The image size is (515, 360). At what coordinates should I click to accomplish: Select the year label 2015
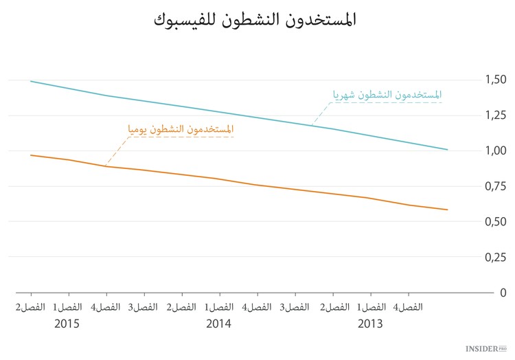[67, 323]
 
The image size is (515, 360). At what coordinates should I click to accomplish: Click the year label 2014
[218, 323]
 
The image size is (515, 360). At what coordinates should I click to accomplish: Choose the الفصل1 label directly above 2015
[67, 306]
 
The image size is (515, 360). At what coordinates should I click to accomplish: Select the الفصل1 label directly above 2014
[218, 306]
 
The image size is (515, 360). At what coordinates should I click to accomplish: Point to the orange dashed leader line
[118, 150]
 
